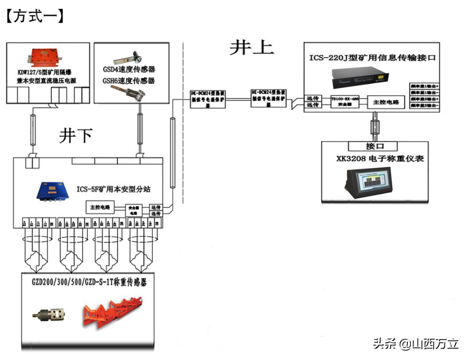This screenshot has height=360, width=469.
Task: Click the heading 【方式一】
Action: tap(34, 16)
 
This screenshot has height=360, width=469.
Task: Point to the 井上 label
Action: tap(251, 48)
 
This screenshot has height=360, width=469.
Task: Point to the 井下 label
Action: tap(75, 135)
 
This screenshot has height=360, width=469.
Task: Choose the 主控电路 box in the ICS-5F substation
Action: tap(100, 207)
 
